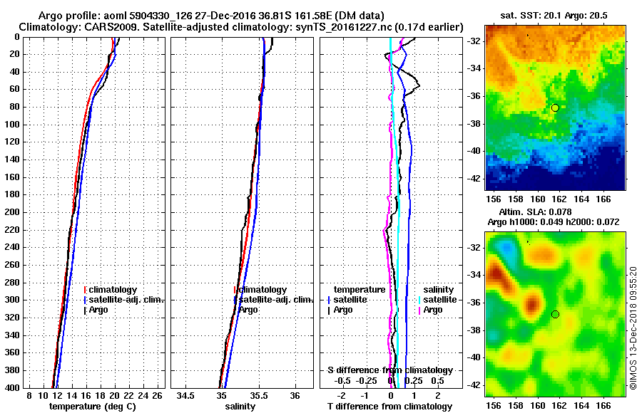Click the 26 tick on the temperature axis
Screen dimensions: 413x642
(158, 395)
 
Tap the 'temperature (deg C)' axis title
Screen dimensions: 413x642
(92, 406)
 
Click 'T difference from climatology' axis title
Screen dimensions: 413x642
(389, 406)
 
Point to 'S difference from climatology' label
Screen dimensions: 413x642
(389, 370)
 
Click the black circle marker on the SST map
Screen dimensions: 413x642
(555, 108)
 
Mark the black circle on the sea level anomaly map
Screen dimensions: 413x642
(555, 314)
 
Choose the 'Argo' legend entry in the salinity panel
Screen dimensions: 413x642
(248, 310)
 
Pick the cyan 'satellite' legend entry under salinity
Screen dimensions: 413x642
(436, 300)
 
